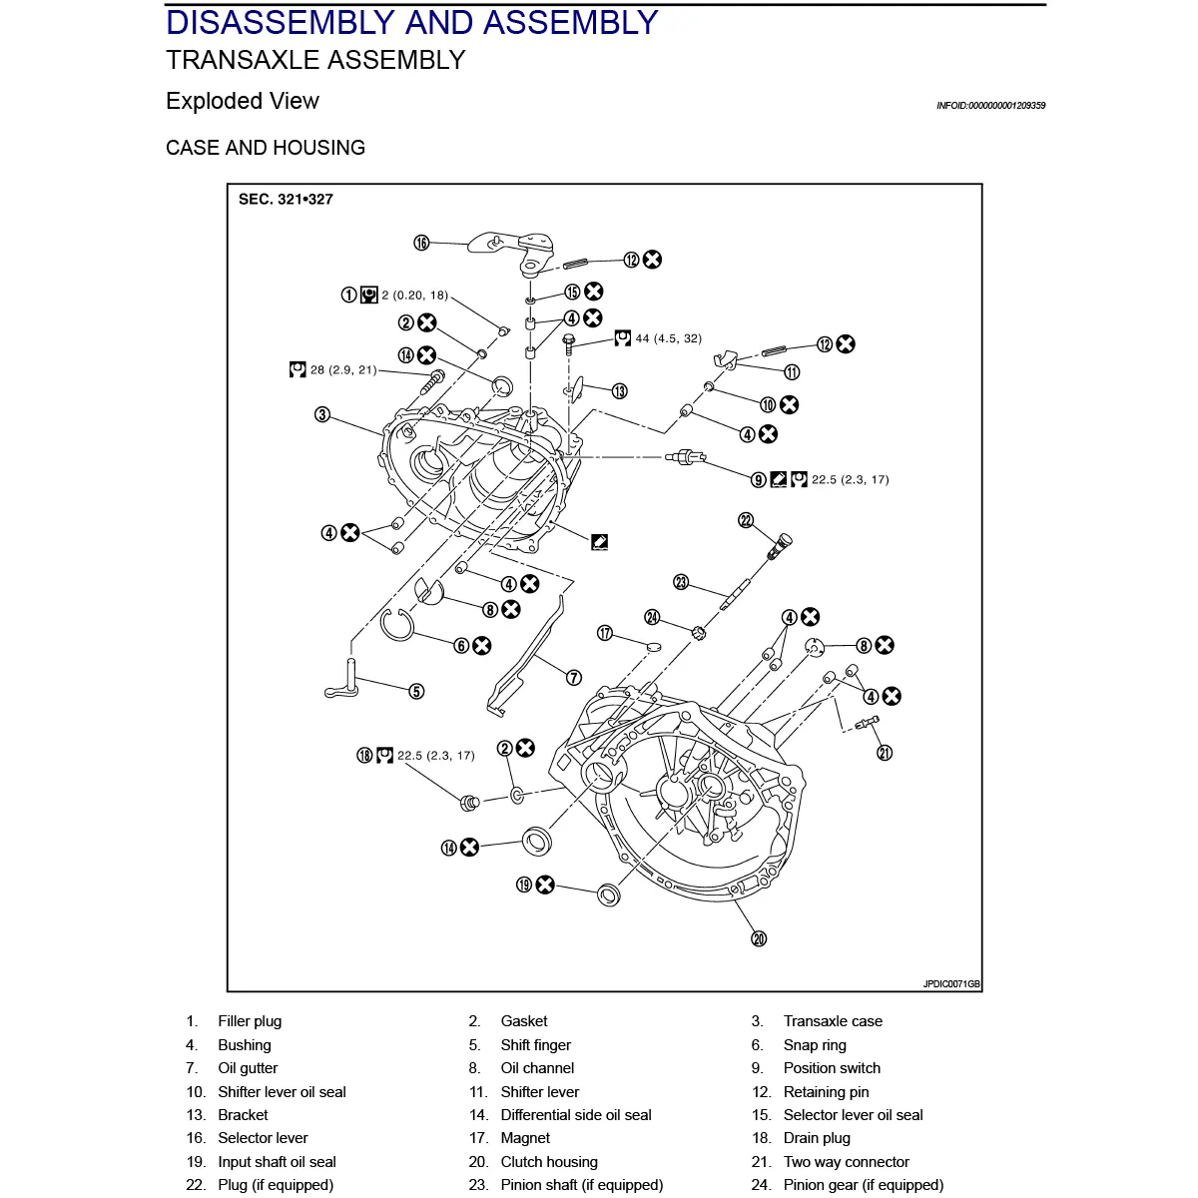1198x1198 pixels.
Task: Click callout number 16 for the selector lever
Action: [421, 243]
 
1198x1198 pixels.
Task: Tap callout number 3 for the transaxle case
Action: [322, 414]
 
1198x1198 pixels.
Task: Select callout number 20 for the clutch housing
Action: [759, 938]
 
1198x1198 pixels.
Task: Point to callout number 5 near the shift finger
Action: [416, 691]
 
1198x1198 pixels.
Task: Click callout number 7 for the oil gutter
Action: [574, 678]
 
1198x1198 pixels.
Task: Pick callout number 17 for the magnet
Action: [605, 633]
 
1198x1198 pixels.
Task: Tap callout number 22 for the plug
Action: [746, 519]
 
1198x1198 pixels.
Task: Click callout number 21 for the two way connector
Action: [885, 753]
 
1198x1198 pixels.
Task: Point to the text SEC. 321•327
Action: [286, 200]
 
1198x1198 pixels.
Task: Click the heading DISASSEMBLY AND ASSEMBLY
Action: [411, 22]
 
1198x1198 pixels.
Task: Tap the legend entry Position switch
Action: [832, 1068]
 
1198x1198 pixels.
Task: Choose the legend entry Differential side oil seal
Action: [576, 1115]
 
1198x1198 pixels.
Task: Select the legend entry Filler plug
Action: [250, 1021]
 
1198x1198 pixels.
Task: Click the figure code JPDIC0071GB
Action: [951, 984]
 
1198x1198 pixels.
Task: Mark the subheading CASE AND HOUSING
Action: [266, 148]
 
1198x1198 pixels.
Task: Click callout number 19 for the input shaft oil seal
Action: [524, 885]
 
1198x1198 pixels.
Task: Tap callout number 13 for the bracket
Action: [620, 391]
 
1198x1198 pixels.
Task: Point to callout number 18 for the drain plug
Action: [364, 756]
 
